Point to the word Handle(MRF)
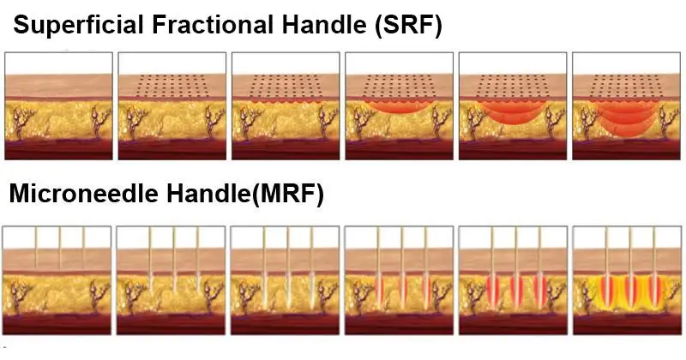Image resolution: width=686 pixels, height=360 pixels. point(250,195)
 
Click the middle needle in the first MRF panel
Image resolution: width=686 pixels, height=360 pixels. point(61,249)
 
